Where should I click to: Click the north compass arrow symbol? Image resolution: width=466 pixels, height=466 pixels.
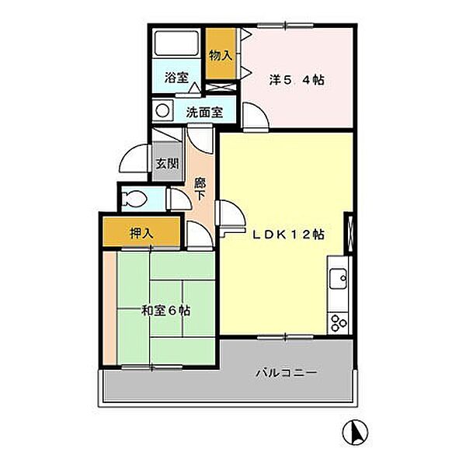[x=355, y=432]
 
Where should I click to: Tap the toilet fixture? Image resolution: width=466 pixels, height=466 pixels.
[x=135, y=199]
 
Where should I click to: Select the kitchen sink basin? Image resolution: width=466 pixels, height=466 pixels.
[x=338, y=278]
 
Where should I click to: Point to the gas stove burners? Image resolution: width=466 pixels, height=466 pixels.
[x=339, y=323]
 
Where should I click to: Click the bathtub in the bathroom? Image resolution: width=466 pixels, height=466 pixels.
[x=176, y=43]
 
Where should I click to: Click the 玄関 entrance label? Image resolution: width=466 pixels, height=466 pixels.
[x=167, y=164]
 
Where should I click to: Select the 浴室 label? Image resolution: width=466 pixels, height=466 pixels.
[x=176, y=78]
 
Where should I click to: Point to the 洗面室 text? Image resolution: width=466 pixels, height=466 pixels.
[x=204, y=112]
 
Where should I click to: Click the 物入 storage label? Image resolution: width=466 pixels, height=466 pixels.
[x=221, y=56]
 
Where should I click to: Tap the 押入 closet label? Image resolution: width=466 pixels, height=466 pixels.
[x=142, y=233]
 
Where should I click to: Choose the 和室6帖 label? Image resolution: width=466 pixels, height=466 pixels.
[x=165, y=311]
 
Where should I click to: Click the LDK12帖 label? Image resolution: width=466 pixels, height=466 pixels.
[x=288, y=235]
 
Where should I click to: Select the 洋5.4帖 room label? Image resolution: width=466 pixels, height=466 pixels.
[x=297, y=80]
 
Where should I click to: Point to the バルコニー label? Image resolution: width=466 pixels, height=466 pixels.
[x=286, y=373]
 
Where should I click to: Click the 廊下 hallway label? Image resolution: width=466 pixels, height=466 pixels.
[x=200, y=190]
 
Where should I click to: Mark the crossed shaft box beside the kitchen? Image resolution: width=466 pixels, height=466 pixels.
[x=348, y=233]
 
